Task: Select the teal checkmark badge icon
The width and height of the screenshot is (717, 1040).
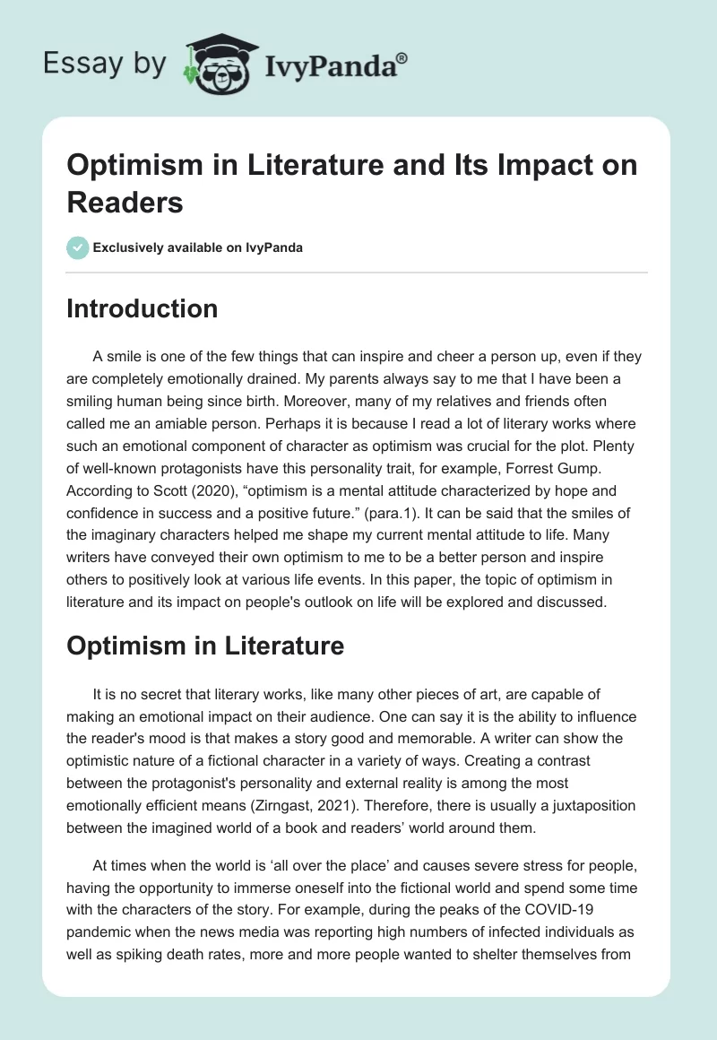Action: (78, 247)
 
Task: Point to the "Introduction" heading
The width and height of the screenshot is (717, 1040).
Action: (143, 309)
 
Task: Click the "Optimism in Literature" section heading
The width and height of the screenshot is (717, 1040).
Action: (205, 646)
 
